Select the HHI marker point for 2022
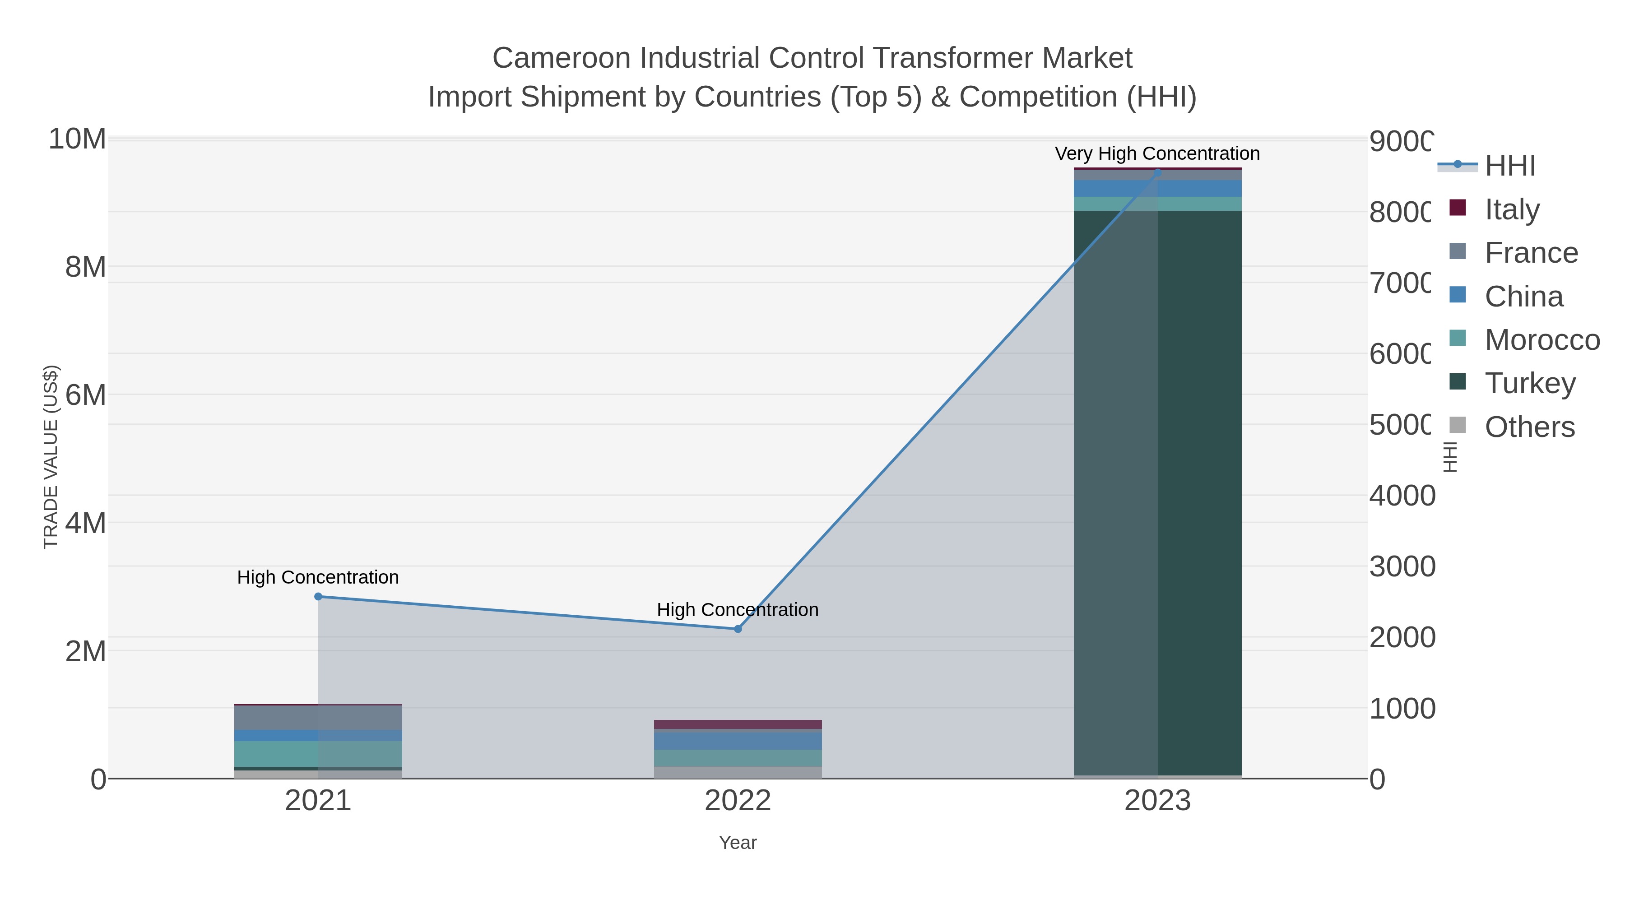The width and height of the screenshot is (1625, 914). coord(738,629)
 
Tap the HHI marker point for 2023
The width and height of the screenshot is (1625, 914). coord(1157,172)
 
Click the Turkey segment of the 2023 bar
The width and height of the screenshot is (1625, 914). coord(1157,492)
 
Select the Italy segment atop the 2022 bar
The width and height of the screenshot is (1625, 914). coord(738,724)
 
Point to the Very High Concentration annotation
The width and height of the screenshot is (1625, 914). coord(1157,154)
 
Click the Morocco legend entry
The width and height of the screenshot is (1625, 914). coord(1542,340)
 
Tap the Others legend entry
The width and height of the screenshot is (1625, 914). coord(1529,427)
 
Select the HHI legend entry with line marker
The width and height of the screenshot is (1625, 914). coord(1509,166)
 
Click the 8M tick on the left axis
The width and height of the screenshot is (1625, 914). coord(86,267)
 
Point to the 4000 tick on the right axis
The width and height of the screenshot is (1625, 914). coord(1402,496)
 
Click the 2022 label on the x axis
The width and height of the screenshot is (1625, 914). coord(738,800)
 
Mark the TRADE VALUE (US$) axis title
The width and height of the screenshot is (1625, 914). coord(51,457)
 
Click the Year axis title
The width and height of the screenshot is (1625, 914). coord(738,843)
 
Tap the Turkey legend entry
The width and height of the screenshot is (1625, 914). coord(1530,384)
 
